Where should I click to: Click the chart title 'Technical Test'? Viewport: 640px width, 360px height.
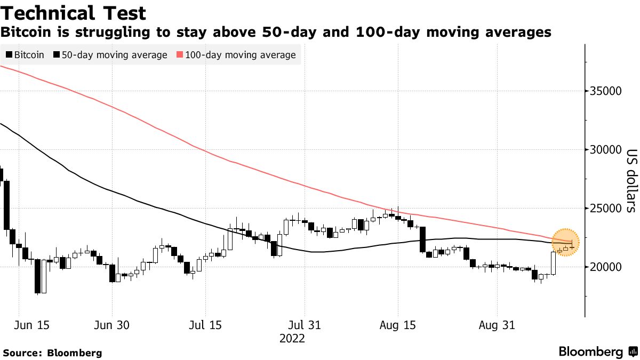click(74, 12)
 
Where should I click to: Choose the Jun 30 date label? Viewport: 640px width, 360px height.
click(113, 325)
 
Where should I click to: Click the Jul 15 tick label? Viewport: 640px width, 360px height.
click(205, 325)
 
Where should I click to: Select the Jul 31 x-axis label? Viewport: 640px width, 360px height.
click(304, 325)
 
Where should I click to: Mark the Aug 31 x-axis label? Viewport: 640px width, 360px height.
click(497, 325)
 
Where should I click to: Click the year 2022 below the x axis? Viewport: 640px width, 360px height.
click(292, 338)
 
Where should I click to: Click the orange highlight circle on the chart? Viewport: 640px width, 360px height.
click(565, 242)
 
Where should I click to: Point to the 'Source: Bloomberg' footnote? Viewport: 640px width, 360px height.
click(52, 353)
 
